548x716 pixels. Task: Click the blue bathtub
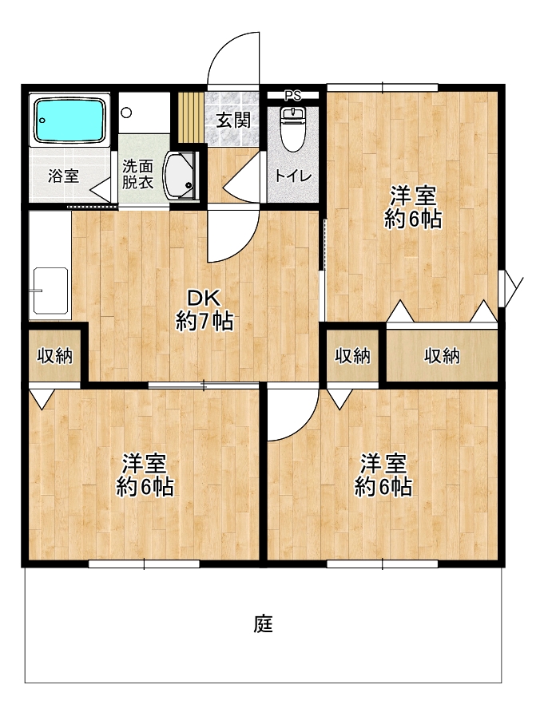coord(69,120)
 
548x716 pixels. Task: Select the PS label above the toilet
coord(293,96)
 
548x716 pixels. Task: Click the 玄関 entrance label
coord(233,120)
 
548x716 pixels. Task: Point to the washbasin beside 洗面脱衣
coord(180,176)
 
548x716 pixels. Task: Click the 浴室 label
coord(64,176)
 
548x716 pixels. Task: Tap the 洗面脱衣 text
coord(137,174)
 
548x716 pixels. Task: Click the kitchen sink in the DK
coord(50,291)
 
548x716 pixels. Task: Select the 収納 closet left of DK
coord(55,355)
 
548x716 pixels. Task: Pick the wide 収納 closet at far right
coord(442,356)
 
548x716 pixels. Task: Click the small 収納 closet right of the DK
coord(352,355)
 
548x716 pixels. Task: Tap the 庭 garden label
coord(264,624)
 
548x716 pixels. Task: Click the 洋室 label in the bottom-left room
coord(145,464)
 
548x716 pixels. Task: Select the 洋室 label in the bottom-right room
coord(383,464)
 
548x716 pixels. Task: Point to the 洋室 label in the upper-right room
coord(413,197)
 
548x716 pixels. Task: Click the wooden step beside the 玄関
coord(190,118)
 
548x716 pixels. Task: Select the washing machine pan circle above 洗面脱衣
coord(126,113)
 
